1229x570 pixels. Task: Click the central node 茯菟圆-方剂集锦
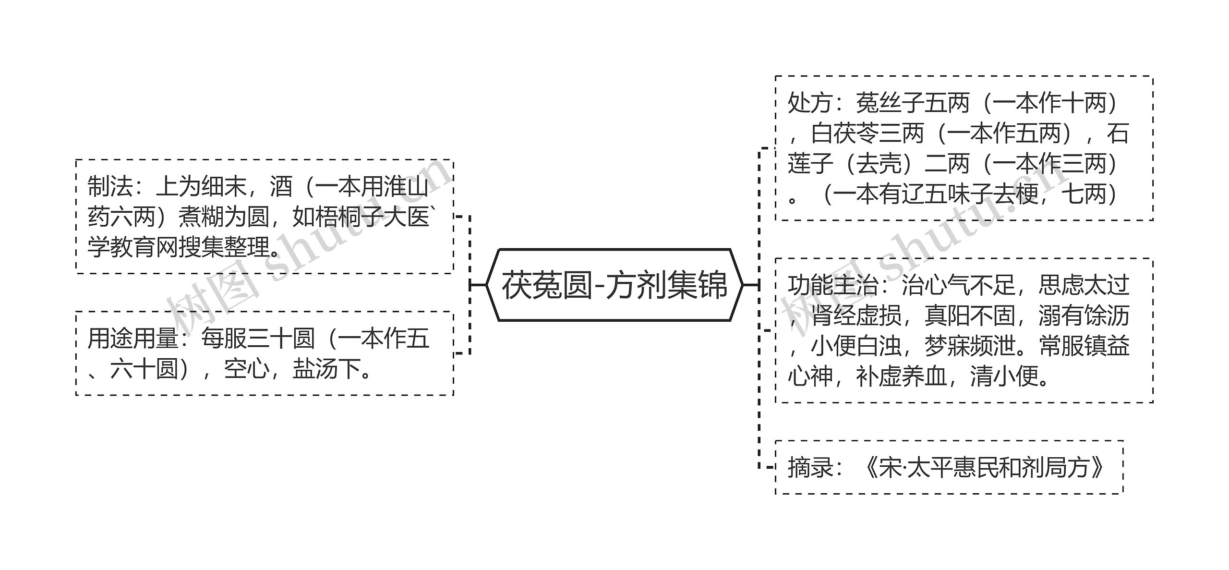coord(614,285)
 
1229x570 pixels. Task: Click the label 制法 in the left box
coord(110,187)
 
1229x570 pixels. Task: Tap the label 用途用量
coord(133,339)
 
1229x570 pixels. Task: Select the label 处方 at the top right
coord(810,103)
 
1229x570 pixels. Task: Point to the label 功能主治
coord(833,285)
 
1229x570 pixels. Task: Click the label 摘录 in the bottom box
coord(810,467)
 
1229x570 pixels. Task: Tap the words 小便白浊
coord(855,346)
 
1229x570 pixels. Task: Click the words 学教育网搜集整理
coord(179,247)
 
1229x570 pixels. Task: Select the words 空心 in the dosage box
coord(246,369)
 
